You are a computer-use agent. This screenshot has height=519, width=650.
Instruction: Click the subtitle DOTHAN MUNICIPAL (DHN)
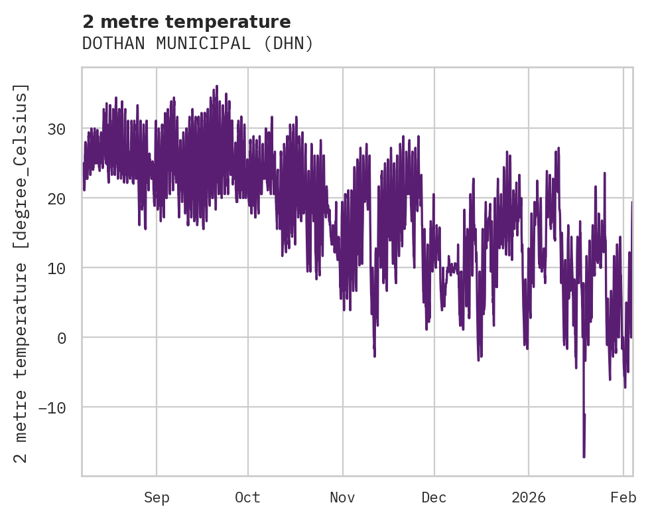click(198, 44)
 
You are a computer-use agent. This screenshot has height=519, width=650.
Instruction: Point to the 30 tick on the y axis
click(57, 129)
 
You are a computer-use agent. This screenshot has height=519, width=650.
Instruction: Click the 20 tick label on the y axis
click(57, 198)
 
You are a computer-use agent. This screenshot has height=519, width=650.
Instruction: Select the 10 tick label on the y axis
click(57, 268)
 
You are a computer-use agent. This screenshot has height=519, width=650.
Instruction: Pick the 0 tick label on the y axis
click(62, 338)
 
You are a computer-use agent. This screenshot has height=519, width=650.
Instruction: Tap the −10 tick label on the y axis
click(52, 408)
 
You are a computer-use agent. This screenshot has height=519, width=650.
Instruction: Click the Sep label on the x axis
click(157, 498)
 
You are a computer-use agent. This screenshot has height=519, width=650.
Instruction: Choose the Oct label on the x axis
click(247, 498)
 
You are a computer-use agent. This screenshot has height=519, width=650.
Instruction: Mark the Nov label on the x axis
click(343, 498)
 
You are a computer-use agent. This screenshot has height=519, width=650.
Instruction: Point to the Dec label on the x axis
click(434, 498)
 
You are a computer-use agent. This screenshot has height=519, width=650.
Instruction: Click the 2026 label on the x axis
click(529, 498)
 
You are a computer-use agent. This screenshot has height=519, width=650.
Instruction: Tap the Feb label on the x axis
click(623, 498)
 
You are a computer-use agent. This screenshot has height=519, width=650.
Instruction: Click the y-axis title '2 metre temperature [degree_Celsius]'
click(22, 273)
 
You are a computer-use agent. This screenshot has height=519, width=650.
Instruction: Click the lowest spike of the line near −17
click(584, 456)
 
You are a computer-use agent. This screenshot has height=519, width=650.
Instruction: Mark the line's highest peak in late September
click(216, 86)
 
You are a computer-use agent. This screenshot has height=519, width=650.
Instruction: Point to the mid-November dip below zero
click(374, 355)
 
